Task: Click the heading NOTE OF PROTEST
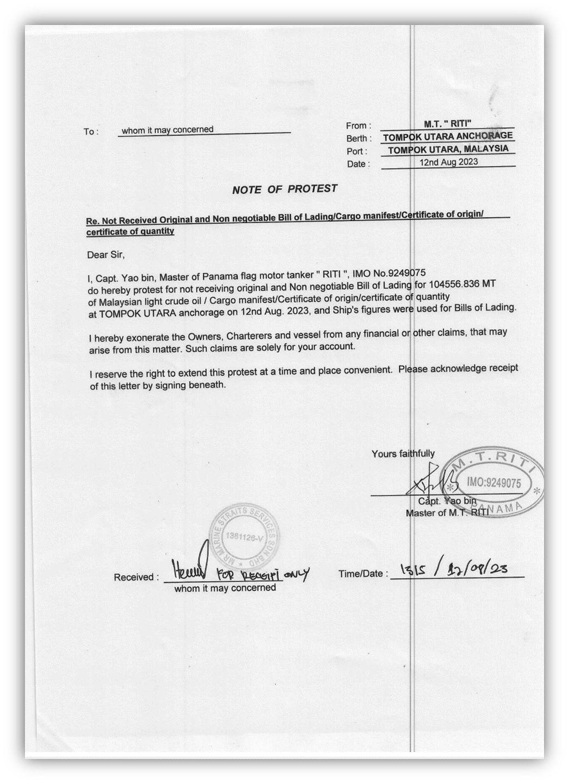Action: pos(284,189)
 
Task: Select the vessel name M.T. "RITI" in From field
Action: pos(447,123)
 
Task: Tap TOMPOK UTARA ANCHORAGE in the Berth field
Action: pos(447,136)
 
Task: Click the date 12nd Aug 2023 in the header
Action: pos(448,162)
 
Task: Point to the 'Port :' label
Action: pos(357,152)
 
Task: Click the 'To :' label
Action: pos(90,132)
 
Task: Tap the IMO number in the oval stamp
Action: pos(493,483)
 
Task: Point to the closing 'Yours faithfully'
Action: pos(403,453)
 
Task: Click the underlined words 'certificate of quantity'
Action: pos(130,232)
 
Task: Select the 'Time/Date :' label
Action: pos(363,574)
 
